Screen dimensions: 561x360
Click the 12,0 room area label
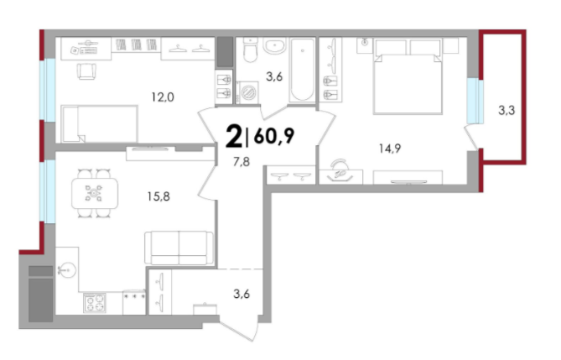[x=163, y=97]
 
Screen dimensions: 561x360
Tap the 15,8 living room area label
[x=158, y=196]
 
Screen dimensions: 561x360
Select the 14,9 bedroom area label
[x=390, y=148]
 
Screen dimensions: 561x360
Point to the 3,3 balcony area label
[x=506, y=110]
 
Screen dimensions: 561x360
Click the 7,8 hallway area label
[x=242, y=162]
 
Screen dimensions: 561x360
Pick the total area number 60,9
[x=274, y=136]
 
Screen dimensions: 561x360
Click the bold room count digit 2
[x=234, y=137]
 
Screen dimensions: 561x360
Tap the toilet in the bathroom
[x=250, y=50]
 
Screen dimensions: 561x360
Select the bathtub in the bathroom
[x=303, y=69]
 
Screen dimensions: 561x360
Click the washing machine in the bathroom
[x=247, y=93]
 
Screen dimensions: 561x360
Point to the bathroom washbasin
[x=274, y=45]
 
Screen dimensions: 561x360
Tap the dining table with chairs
[x=95, y=194]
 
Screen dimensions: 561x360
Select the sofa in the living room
[x=179, y=248]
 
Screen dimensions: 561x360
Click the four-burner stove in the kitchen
[x=95, y=303]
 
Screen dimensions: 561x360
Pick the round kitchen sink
[x=67, y=269]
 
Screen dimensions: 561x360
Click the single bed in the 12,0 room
[x=100, y=123]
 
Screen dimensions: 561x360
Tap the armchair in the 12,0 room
[x=86, y=71]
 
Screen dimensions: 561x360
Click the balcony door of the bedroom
[x=470, y=137]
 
